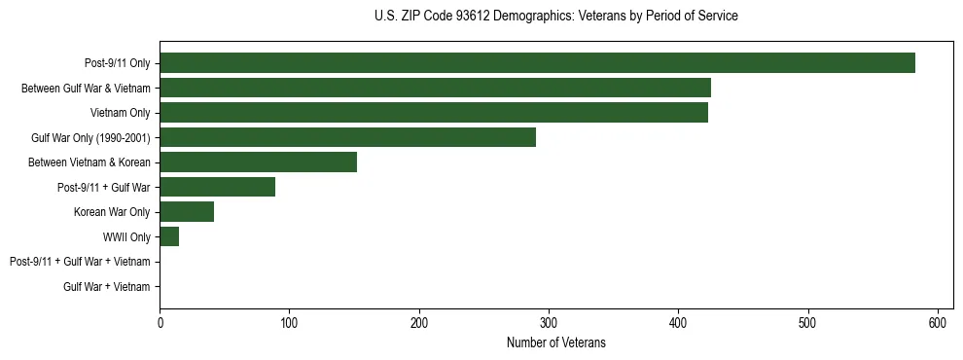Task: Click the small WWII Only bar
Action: pyautogui.click(x=169, y=236)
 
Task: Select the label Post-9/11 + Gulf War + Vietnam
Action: pyautogui.click(x=80, y=262)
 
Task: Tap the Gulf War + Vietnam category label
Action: pyautogui.click(x=107, y=286)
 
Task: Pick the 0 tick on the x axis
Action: pyautogui.click(x=160, y=323)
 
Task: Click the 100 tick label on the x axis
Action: pyautogui.click(x=289, y=323)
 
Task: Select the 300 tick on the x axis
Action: pyautogui.click(x=549, y=323)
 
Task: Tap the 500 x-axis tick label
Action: pyautogui.click(x=808, y=323)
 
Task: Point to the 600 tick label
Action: pyautogui.click(x=938, y=323)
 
